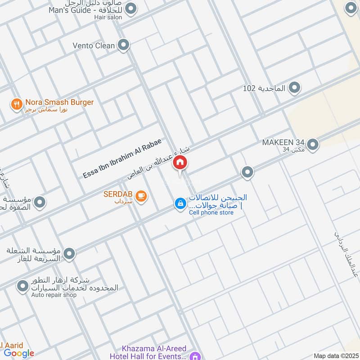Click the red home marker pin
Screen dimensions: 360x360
point(180,163)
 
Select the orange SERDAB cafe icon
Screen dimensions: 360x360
point(141,196)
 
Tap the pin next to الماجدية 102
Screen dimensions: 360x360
point(294,88)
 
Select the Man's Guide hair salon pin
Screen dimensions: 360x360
point(131,9)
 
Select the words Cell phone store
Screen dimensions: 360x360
point(211,212)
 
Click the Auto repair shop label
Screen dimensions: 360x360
point(54,295)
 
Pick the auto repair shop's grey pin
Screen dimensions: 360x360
point(22,285)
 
